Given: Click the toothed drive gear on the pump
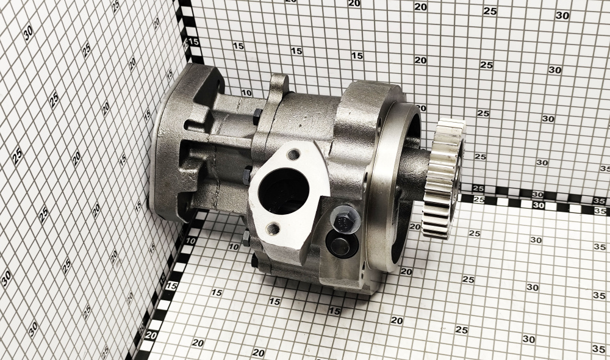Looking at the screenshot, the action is point(443,179).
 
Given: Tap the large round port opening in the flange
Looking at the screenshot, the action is point(284,191).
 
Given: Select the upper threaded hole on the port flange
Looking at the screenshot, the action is point(295,155).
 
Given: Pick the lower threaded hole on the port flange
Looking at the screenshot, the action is point(275,228).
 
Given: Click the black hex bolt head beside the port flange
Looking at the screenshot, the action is point(345,220).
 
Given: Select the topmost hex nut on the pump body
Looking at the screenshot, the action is point(257,117).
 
